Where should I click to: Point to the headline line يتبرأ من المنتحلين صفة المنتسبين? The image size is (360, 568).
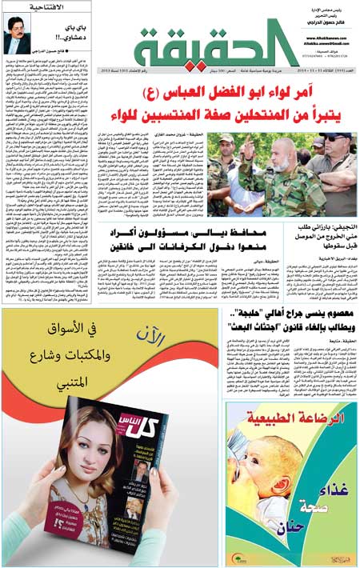pos(240,121)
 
